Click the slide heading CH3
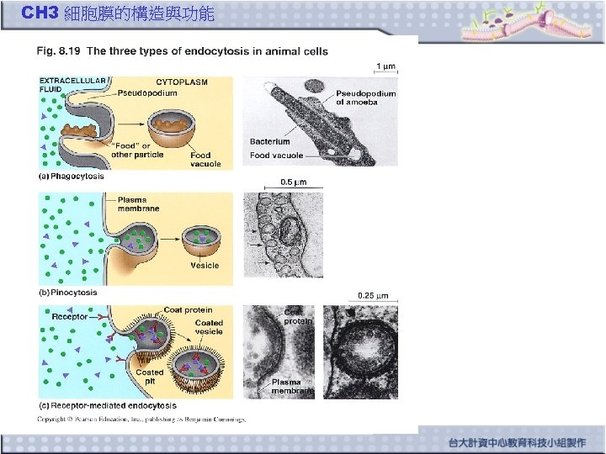(39, 13)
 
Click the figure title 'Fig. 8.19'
(58, 51)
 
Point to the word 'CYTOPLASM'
(182, 82)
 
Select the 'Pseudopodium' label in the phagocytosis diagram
(147, 92)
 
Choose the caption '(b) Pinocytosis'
(68, 293)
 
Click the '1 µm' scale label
(385, 66)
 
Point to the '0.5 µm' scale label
(294, 181)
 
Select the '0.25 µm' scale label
(373, 295)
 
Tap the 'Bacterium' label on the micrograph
(269, 142)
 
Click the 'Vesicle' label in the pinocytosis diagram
(205, 265)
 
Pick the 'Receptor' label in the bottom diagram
(70, 316)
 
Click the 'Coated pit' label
(150, 376)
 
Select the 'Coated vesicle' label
(209, 327)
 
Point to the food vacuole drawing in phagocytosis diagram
(173, 130)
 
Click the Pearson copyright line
(141, 419)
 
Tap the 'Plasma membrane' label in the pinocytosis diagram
(138, 204)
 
